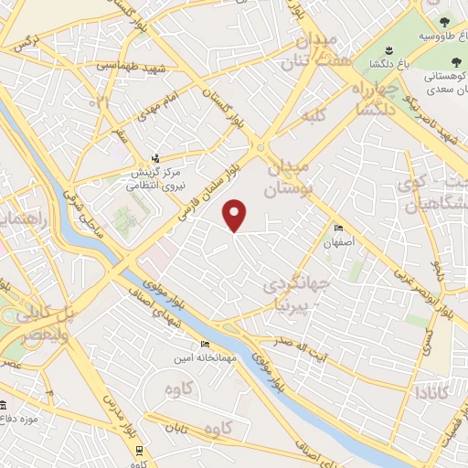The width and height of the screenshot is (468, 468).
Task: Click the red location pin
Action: pyautogui.click(x=236, y=216)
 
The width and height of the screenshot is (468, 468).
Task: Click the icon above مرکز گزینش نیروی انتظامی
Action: pyautogui.click(x=155, y=157)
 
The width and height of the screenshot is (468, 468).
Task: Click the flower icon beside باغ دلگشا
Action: pyautogui.click(x=388, y=49)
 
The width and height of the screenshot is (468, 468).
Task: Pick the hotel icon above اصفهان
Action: pyautogui.click(x=340, y=229)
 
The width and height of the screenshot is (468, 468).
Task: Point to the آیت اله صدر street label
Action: pyautogui.click(x=292, y=346)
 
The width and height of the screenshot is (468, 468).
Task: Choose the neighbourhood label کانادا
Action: pyautogui.click(x=429, y=394)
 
